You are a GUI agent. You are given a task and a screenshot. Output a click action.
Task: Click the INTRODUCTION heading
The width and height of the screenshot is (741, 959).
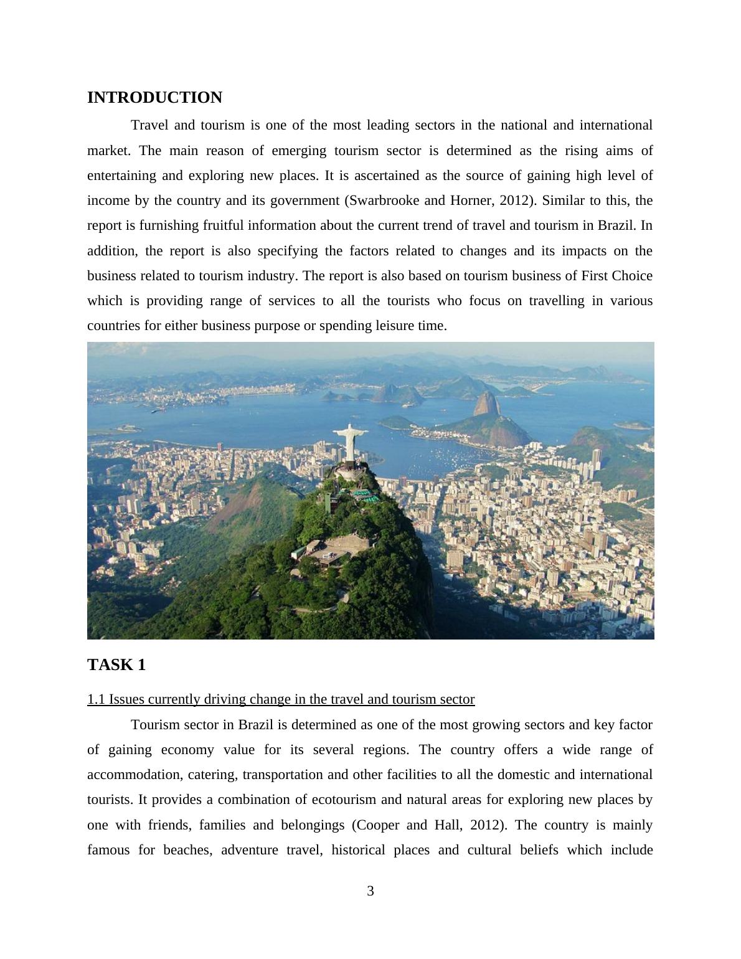(x=154, y=98)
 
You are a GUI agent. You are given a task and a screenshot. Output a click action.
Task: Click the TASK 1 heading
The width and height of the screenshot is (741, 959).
(x=116, y=665)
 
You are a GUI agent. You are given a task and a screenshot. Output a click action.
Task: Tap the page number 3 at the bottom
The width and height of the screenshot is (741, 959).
(x=370, y=891)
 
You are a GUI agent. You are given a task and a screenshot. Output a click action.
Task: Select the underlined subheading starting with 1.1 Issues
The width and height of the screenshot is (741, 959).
(x=281, y=699)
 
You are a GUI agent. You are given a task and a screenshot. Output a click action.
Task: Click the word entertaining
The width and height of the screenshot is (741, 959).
(x=122, y=176)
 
